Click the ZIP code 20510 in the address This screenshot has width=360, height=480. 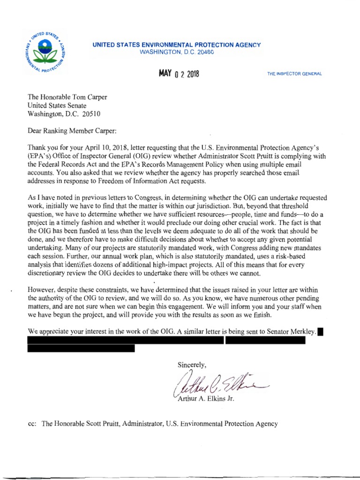(90, 114)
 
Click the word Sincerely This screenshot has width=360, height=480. (192, 365)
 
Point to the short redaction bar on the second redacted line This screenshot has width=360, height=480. (81, 348)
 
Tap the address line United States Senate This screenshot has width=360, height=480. (57, 105)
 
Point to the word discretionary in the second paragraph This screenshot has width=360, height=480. (48, 273)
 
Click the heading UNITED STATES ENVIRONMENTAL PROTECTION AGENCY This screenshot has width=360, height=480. (177, 45)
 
